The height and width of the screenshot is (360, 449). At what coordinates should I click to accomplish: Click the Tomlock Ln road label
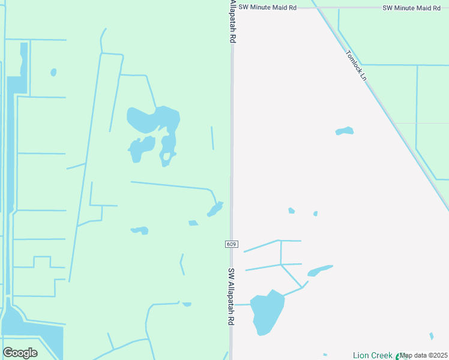point(356,65)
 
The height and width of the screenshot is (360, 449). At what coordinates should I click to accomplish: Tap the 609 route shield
point(232,244)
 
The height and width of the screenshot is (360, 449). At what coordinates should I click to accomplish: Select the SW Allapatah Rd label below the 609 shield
point(231,296)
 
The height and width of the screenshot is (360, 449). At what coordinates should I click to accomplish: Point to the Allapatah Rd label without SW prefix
point(232,21)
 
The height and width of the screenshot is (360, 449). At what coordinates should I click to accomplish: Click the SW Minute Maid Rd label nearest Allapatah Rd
point(267,7)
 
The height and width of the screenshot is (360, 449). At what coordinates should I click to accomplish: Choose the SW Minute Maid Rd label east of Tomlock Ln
point(411,8)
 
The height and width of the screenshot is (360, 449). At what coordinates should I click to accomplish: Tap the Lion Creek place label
point(373,356)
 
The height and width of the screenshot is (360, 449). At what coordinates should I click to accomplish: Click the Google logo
point(20,353)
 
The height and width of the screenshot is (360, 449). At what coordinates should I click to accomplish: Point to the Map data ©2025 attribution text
point(423,356)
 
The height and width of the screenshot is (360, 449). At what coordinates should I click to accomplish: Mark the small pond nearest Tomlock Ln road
point(345,131)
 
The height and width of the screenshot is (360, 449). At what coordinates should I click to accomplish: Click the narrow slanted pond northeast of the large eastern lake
point(319,271)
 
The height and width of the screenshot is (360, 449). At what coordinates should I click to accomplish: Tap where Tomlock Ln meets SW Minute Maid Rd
point(316,8)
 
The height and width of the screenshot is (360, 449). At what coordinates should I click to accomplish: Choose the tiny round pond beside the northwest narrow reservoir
point(53,73)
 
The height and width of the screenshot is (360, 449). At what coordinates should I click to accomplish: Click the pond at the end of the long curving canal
point(215,209)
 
